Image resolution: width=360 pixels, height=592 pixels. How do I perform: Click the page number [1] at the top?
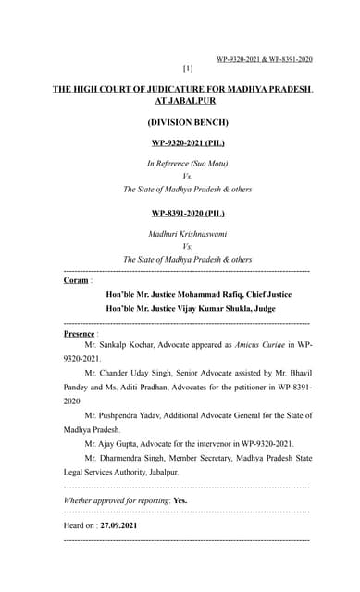click(188, 68)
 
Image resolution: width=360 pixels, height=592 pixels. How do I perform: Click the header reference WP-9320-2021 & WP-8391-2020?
click(264, 59)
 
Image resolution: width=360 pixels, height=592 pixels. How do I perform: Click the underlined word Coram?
click(75, 280)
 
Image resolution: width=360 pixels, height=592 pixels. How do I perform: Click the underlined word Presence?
click(79, 332)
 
